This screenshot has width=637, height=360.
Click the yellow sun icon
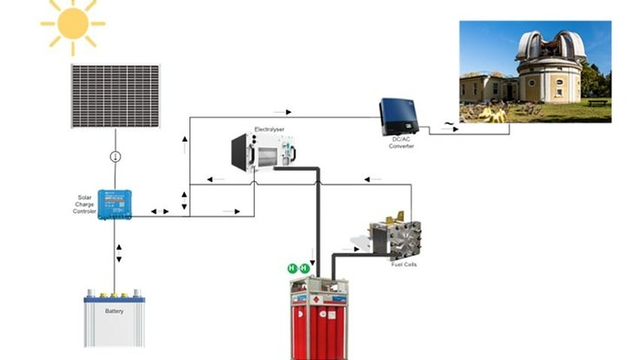point(72,23)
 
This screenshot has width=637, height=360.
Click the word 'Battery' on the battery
point(114,310)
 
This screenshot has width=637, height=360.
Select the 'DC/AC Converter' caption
point(401,143)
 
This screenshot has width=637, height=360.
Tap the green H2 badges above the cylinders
point(298,269)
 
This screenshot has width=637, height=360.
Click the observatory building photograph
point(534,71)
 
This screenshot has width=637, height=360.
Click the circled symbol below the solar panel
point(115,157)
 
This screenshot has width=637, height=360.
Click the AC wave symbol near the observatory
point(449,124)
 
